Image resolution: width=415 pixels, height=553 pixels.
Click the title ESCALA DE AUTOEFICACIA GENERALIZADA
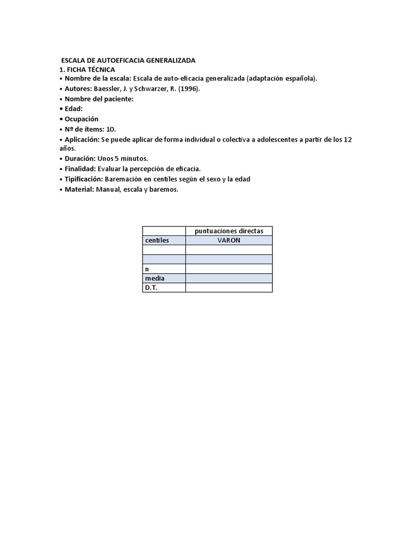(x=128, y=60)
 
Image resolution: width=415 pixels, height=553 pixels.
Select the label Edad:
(x=73, y=109)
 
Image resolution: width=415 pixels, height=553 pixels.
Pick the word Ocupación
(x=82, y=119)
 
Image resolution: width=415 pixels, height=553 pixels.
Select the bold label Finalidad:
(x=81, y=168)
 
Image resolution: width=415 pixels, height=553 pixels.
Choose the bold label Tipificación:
(x=84, y=179)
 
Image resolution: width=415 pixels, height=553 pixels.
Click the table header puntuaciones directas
(x=229, y=231)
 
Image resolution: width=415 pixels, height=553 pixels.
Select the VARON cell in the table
(x=229, y=240)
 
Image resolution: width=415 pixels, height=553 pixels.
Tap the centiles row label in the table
(x=157, y=240)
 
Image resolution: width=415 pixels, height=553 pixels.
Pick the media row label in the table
(x=155, y=278)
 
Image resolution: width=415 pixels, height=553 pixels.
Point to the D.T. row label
(x=151, y=288)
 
